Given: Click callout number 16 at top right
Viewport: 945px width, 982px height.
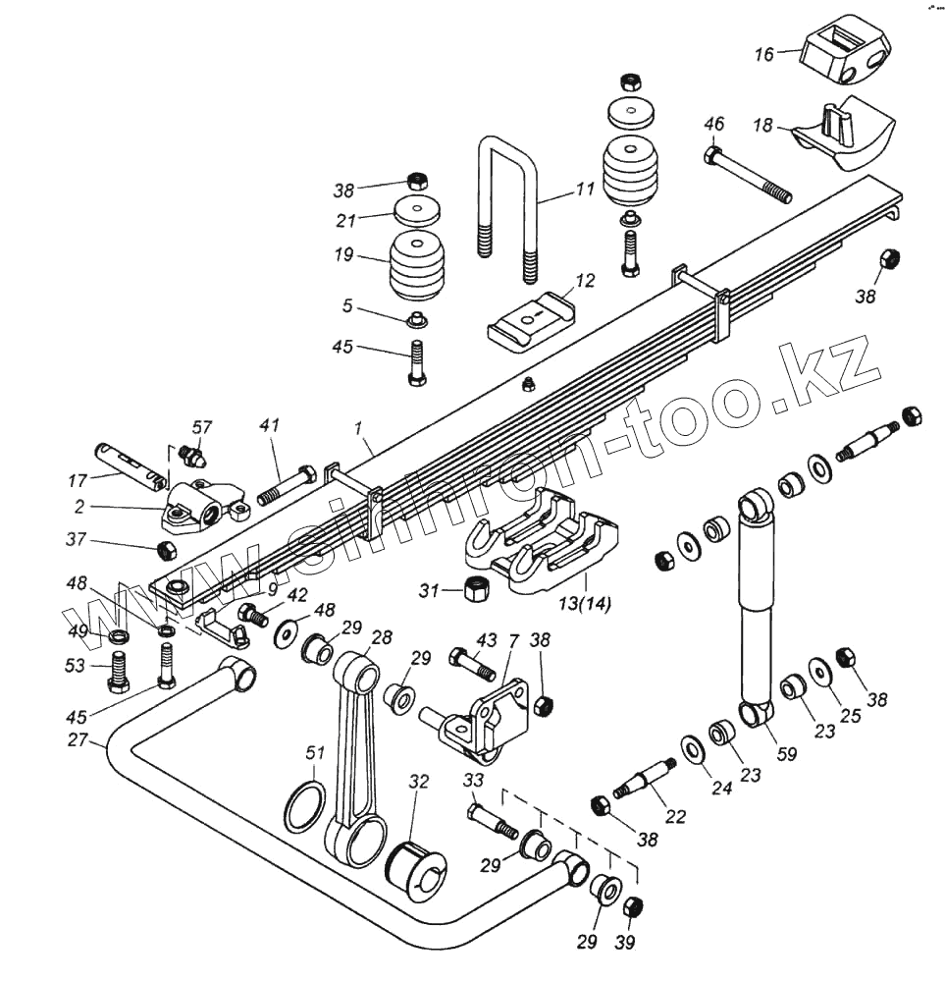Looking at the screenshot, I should point(763,54).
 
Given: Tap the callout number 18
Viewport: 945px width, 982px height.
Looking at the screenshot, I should point(763,126).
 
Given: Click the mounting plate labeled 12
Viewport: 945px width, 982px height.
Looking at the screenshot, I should point(529,318).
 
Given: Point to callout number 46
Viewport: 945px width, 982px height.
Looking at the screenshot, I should point(714,124).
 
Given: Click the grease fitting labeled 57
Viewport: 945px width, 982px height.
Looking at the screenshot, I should point(196,457).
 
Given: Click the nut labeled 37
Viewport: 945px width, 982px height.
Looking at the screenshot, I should point(167,547).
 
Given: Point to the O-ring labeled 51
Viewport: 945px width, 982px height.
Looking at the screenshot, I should point(303,806).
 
